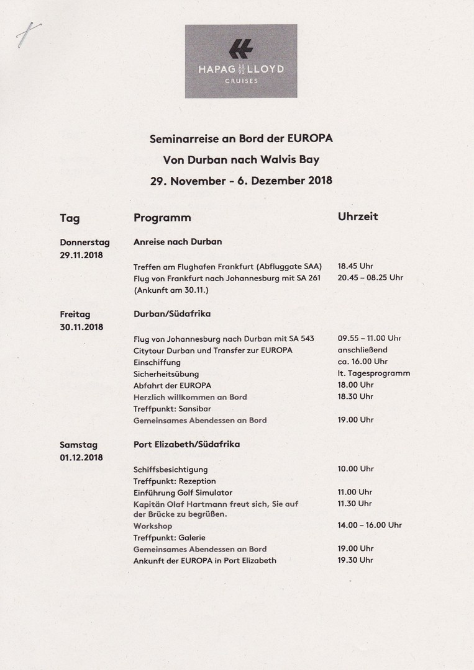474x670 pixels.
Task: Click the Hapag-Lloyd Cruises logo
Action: (241, 61)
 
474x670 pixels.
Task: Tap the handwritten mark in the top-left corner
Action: (29, 34)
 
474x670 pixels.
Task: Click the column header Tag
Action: (70, 218)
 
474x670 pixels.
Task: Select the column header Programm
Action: (162, 218)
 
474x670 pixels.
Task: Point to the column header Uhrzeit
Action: (358, 217)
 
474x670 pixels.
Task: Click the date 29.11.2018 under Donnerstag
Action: (81, 255)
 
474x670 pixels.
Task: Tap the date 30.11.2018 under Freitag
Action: (81, 327)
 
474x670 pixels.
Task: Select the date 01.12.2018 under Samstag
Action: (81, 458)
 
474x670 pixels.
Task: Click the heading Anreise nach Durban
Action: (178, 242)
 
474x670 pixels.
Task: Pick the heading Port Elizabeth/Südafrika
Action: (186, 445)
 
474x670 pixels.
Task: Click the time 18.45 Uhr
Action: (355, 266)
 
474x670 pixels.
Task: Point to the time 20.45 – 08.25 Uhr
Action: (370, 277)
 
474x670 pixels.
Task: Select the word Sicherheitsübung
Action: (166, 374)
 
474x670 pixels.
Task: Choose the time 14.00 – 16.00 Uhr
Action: (370, 525)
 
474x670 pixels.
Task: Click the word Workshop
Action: (153, 526)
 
